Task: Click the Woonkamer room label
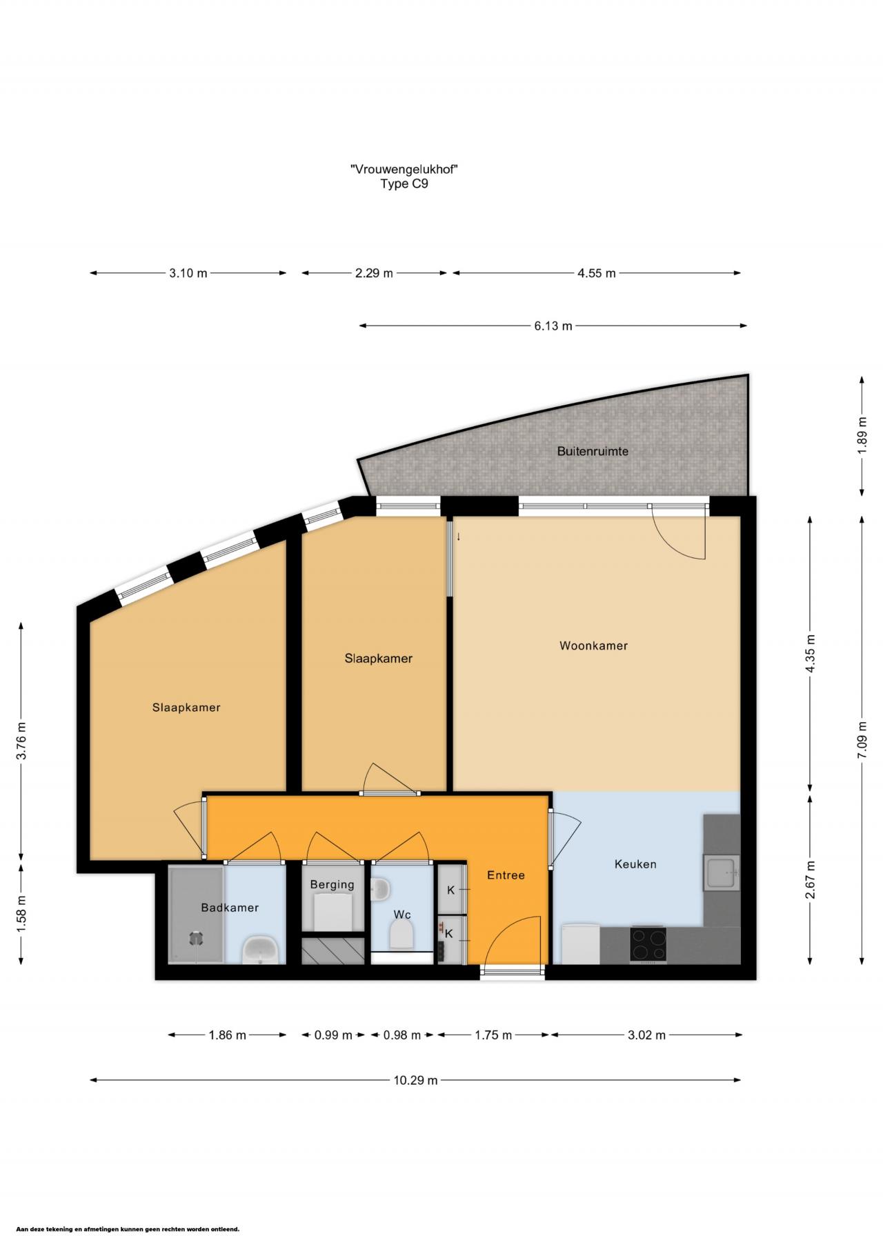pyautogui.click(x=593, y=646)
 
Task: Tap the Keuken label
pyautogui.click(x=635, y=864)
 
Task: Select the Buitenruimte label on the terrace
pyautogui.click(x=593, y=452)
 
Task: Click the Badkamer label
pyautogui.click(x=230, y=908)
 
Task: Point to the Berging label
pyautogui.click(x=332, y=885)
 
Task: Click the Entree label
pyautogui.click(x=506, y=875)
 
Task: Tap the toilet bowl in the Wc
pyautogui.click(x=401, y=936)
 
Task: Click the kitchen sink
pyautogui.click(x=721, y=872)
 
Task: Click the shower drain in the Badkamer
pyautogui.click(x=197, y=938)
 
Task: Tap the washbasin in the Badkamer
pyautogui.click(x=261, y=950)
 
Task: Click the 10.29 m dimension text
pyautogui.click(x=415, y=1081)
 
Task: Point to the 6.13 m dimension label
pyautogui.click(x=553, y=326)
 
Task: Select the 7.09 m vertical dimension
pyautogui.click(x=862, y=739)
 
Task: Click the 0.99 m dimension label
pyautogui.click(x=333, y=1035)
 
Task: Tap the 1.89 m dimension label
pyautogui.click(x=862, y=436)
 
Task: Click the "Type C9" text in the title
pyautogui.click(x=404, y=184)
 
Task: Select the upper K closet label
pyautogui.click(x=450, y=890)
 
